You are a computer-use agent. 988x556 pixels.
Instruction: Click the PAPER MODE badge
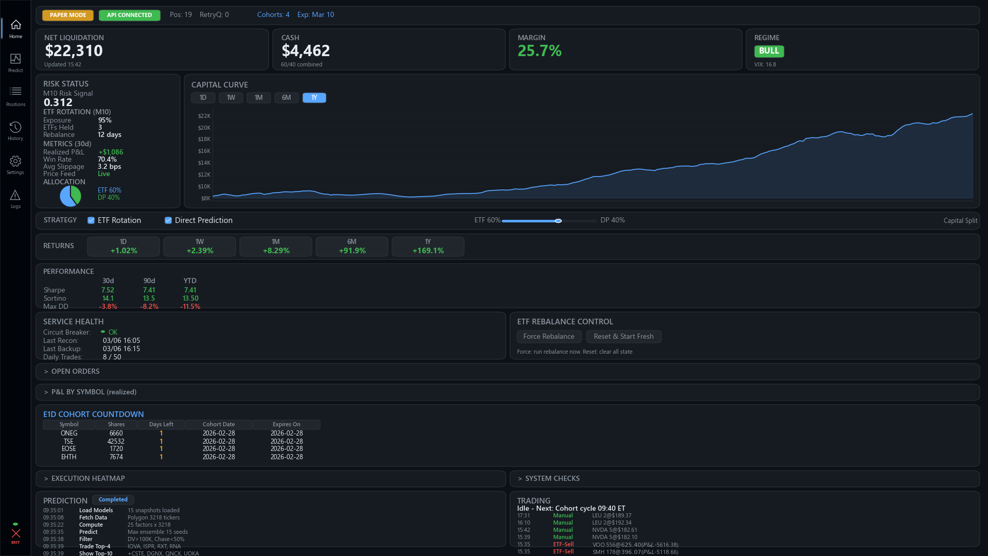pyautogui.click(x=68, y=15)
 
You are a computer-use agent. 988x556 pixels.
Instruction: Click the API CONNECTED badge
pyautogui.click(x=129, y=15)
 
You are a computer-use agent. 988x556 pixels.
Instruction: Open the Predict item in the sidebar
pyautogui.click(x=15, y=63)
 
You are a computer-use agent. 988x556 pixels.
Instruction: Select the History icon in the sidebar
pyautogui.click(x=15, y=131)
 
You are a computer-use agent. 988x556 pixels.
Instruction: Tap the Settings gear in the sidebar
pyautogui.click(x=15, y=165)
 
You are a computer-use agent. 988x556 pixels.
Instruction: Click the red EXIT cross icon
pyautogui.click(x=15, y=534)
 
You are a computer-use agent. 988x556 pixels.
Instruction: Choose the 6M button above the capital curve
pyautogui.click(x=286, y=98)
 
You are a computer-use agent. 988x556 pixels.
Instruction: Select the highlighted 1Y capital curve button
pyautogui.click(x=314, y=98)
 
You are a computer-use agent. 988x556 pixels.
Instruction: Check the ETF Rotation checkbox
pyautogui.click(x=91, y=220)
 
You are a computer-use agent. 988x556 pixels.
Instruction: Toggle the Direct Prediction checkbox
pyautogui.click(x=168, y=220)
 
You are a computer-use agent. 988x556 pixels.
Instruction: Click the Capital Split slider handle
pyautogui.click(x=558, y=221)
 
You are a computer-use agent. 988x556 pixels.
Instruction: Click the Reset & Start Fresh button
pyautogui.click(x=623, y=337)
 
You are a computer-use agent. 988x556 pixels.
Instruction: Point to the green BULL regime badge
pyautogui.click(x=769, y=51)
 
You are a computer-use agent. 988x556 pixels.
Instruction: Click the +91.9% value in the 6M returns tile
pyautogui.click(x=352, y=251)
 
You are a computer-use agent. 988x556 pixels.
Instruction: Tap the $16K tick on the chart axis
pyautogui.click(x=204, y=151)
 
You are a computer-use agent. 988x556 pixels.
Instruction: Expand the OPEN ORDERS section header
pyautogui.click(x=75, y=372)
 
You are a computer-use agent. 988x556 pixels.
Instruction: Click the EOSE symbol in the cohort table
pyautogui.click(x=69, y=449)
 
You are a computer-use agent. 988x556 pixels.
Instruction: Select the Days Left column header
pyautogui.click(x=161, y=425)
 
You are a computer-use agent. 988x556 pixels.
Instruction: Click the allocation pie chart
pyautogui.click(x=70, y=196)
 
